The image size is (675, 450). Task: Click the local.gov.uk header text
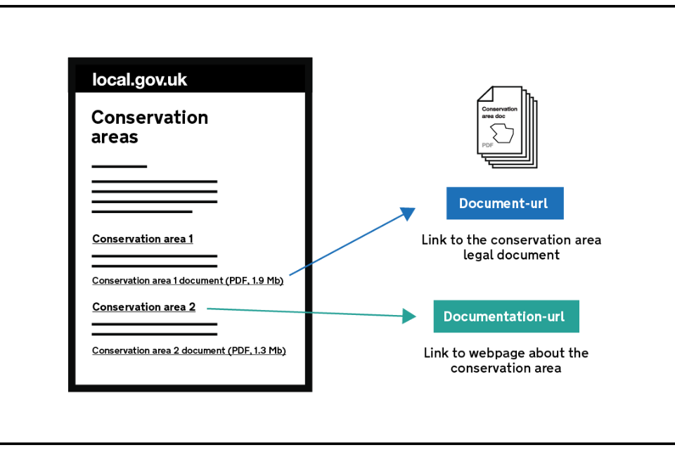pos(139,80)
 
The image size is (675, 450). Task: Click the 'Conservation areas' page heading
pos(150,127)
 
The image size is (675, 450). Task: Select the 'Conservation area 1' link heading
pos(143,239)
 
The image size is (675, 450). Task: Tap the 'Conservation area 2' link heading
pos(143,307)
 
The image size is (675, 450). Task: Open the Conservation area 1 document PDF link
pos(188,281)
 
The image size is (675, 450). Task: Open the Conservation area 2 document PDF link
pos(189,351)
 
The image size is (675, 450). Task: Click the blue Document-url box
pos(505,203)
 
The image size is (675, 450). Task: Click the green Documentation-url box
pos(506,316)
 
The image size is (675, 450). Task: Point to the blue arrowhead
pos(408,213)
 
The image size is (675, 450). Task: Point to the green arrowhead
pos(409,316)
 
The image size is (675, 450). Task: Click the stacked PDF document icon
pos(507,127)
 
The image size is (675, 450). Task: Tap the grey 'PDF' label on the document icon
pos(487,146)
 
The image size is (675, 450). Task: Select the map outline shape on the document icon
pos(502,133)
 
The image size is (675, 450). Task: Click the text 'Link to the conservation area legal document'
pos(511,247)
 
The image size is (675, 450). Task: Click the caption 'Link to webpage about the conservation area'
pos(506,361)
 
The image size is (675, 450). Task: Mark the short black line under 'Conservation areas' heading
pos(120,166)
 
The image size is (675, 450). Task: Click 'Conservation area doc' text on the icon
pos(499,112)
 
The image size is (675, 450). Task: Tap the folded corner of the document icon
pos(485,94)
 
